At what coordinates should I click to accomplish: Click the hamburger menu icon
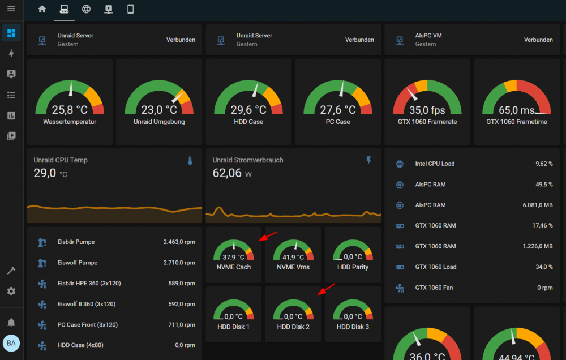(x=11, y=8)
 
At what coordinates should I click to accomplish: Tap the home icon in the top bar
(x=42, y=8)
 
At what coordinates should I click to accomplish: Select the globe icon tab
(x=86, y=9)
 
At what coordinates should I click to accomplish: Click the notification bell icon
(x=11, y=322)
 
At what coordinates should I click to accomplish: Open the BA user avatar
(x=11, y=343)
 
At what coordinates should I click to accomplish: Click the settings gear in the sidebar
(x=11, y=291)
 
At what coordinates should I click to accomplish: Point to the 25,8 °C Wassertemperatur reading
(x=70, y=109)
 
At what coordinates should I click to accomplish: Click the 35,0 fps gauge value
(x=427, y=110)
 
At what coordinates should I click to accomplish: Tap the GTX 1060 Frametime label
(x=517, y=122)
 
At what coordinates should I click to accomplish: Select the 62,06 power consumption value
(x=227, y=173)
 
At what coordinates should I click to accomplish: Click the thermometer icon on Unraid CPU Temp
(x=190, y=161)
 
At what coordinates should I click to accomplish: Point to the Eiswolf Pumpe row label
(x=77, y=263)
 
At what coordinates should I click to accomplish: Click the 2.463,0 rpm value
(x=179, y=242)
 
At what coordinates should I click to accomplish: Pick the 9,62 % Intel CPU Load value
(x=544, y=164)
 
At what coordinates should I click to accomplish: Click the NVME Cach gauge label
(x=234, y=267)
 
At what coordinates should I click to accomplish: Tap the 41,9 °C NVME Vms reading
(x=293, y=257)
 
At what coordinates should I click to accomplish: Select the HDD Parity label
(x=353, y=267)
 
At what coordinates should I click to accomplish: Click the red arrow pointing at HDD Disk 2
(x=327, y=289)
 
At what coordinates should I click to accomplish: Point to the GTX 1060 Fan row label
(x=434, y=288)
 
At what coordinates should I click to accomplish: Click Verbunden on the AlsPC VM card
(x=538, y=40)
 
